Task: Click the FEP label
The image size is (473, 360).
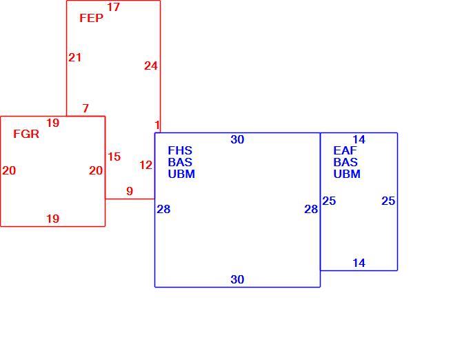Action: (91, 18)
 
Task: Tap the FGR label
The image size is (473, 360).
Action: (26, 134)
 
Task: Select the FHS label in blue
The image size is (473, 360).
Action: (180, 150)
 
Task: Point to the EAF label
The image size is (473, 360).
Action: (345, 150)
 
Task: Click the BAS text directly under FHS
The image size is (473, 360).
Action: (180, 162)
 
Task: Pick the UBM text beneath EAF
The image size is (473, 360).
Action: (347, 174)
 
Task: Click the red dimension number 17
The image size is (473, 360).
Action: (113, 7)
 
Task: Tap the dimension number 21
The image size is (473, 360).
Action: (74, 57)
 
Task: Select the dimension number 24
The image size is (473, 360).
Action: (151, 66)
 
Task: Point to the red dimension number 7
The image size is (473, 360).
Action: (85, 108)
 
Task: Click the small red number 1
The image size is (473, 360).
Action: (157, 125)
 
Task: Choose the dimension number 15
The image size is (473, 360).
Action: (114, 157)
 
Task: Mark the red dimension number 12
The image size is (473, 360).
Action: (146, 165)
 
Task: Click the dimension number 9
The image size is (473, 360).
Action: (130, 191)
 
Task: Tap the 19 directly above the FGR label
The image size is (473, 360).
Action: (53, 123)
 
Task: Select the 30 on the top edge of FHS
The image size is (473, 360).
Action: (237, 139)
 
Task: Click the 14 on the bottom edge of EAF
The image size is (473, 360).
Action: (359, 263)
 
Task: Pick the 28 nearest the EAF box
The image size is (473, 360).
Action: (311, 209)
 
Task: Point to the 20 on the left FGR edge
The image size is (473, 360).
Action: (9, 170)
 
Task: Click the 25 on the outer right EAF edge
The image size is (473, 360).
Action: (388, 201)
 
